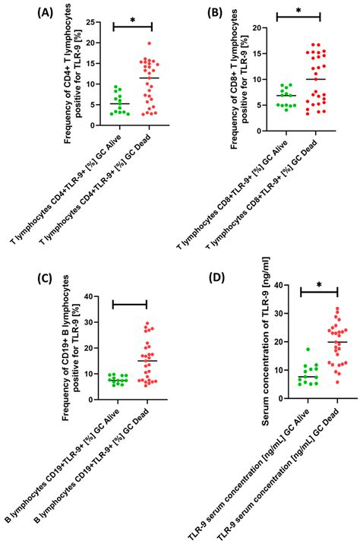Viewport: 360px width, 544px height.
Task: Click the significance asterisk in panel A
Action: tap(133, 21)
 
